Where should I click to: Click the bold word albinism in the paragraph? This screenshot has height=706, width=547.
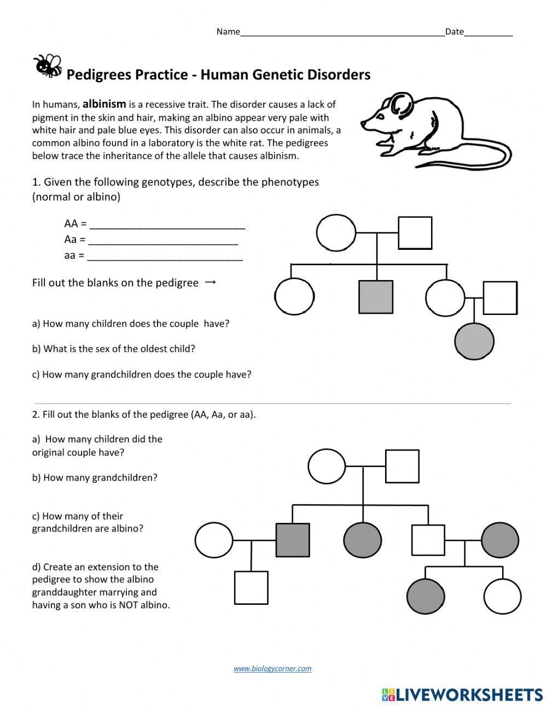click(x=104, y=104)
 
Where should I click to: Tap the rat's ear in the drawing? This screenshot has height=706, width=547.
click(x=401, y=103)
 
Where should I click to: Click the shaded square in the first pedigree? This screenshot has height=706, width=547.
click(x=376, y=297)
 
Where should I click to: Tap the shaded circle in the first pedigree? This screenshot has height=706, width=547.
click(x=474, y=340)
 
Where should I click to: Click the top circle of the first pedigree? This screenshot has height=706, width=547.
click(x=336, y=232)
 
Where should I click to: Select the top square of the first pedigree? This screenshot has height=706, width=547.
click(x=415, y=232)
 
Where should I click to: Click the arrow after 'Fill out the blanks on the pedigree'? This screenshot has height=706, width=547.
click(x=210, y=282)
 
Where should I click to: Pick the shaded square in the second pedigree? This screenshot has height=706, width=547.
click(x=292, y=540)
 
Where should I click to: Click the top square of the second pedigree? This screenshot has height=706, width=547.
click(x=402, y=466)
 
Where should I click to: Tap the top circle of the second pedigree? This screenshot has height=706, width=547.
click(x=327, y=466)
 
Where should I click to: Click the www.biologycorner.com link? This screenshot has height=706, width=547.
click(x=272, y=668)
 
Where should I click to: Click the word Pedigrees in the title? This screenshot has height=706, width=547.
click(x=99, y=74)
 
